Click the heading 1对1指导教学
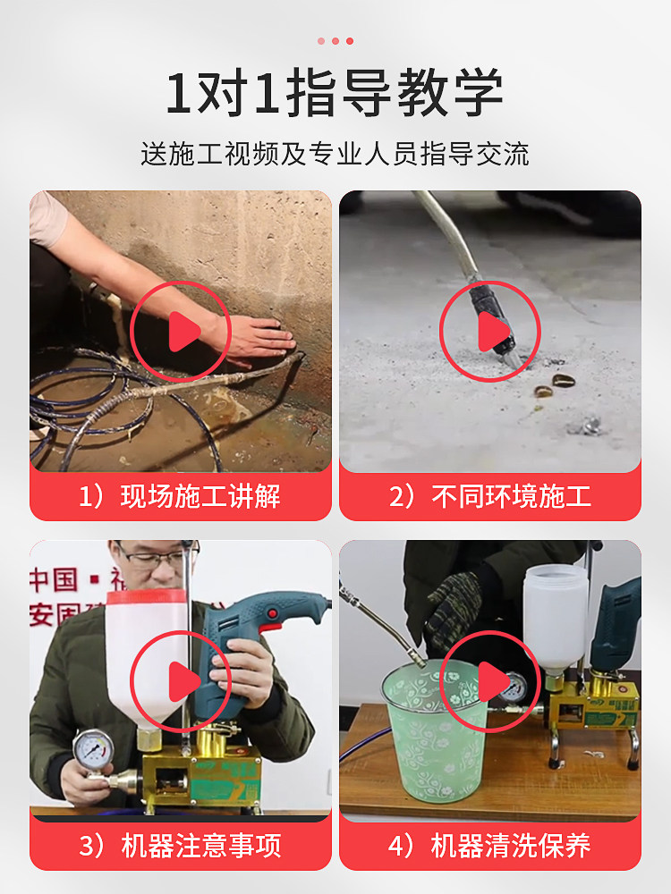[x=335, y=92]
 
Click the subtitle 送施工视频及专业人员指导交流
[x=335, y=154]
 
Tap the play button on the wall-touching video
[x=181, y=332]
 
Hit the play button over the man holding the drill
[x=181, y=681]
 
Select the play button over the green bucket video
[x=489, y=681]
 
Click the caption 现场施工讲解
[x=200, y=496]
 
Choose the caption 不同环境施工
[x=511, y=496]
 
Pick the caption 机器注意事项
[x=201, y=846]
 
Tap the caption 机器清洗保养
[x=511, y=846]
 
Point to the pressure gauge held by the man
[x=93, y=749]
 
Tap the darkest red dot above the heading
[x=350, y=41]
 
